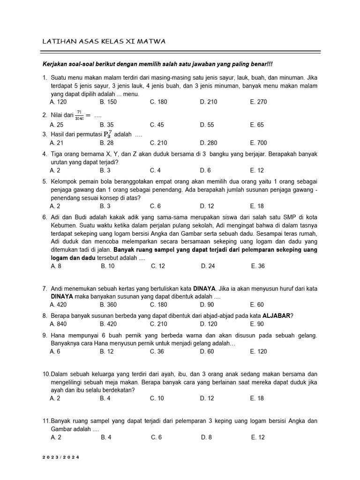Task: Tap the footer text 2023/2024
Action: tap(61, 457)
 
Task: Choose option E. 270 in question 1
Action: tap(258, 102)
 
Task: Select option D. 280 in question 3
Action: tap(208, 143)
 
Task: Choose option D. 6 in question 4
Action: tap(205, 170)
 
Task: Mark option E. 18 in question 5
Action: tap(257, 206)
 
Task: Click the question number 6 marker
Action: tap(45, 217)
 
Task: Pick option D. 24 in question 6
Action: tap(208, 266)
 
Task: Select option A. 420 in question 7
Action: tap(58, 304)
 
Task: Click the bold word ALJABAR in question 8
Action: tap(277, 315)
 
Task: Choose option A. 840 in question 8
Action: tap(58, 324)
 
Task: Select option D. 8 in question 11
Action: tap(207, 437)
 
